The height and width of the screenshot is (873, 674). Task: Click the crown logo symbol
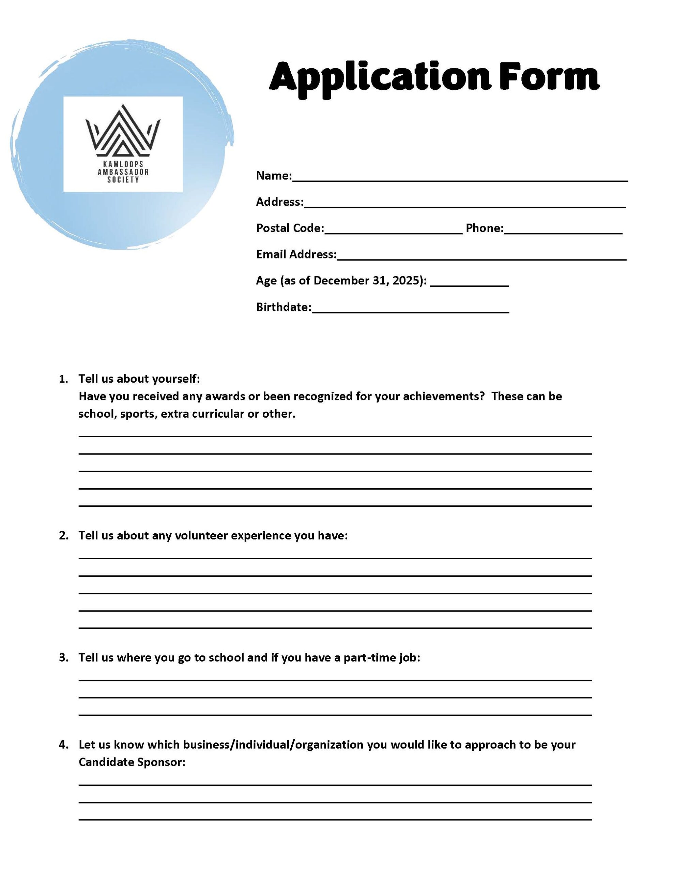pos(123,130)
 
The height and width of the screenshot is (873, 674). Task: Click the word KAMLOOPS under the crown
pos(123,164)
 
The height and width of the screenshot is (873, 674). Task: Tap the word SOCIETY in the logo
pos(123,180)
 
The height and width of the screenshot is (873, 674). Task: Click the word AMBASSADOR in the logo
pos(123,172)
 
